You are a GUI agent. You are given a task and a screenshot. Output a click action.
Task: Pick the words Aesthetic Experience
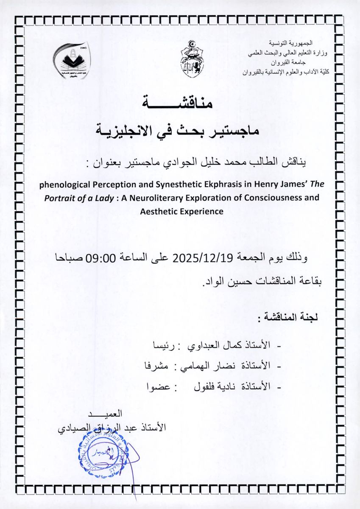tap(181, 211)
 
